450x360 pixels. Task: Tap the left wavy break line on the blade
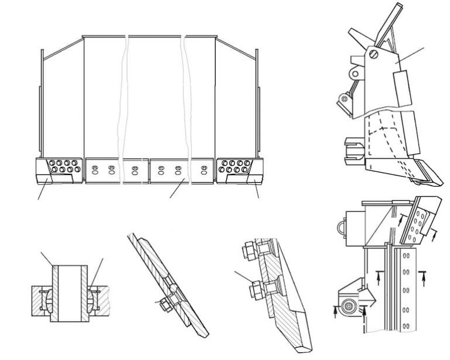click(124, 105)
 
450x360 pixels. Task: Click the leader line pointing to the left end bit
click(43, 191)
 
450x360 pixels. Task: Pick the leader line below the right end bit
click(256, 190)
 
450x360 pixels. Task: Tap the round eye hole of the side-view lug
click(354, 75)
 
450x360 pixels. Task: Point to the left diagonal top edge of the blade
click(63, 46)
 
